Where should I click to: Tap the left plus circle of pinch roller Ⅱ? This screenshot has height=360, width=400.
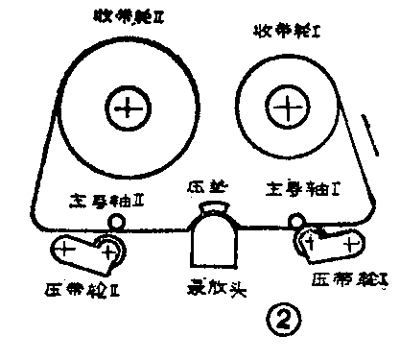point(65,251)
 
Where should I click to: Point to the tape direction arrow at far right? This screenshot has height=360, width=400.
point(372,133)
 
